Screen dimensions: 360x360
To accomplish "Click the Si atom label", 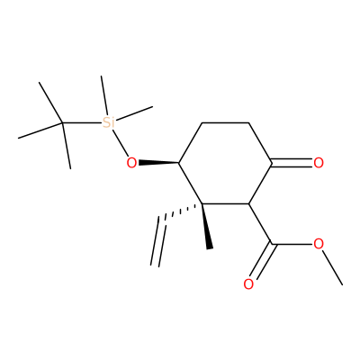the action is (108, 122).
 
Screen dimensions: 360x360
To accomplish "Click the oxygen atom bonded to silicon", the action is (131, 163).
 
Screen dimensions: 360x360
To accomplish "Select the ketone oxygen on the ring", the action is (319, 163).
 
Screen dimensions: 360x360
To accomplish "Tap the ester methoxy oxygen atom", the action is (319, 244).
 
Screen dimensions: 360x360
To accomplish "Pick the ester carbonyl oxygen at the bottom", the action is (248, 284).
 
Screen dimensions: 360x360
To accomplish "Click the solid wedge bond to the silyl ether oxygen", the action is (158, 163).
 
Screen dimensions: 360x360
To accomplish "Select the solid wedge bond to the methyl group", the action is (206, 226).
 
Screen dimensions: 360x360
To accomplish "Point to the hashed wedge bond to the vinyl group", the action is (183, 211).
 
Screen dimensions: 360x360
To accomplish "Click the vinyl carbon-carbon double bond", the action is (158, 241).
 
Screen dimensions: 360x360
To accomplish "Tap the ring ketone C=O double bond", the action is (292, 163).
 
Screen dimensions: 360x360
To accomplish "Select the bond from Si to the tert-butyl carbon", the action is (82, 122).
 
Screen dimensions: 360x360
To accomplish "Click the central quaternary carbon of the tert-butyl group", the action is (62, 122).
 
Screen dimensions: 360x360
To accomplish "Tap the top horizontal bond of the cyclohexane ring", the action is (225, 122).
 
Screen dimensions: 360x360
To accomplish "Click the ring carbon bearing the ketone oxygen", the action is (272, 163).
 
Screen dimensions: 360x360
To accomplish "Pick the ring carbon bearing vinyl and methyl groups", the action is (202, 204).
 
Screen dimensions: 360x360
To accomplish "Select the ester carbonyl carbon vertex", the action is (272, 244).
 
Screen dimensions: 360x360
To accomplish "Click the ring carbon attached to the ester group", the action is (248, 204).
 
